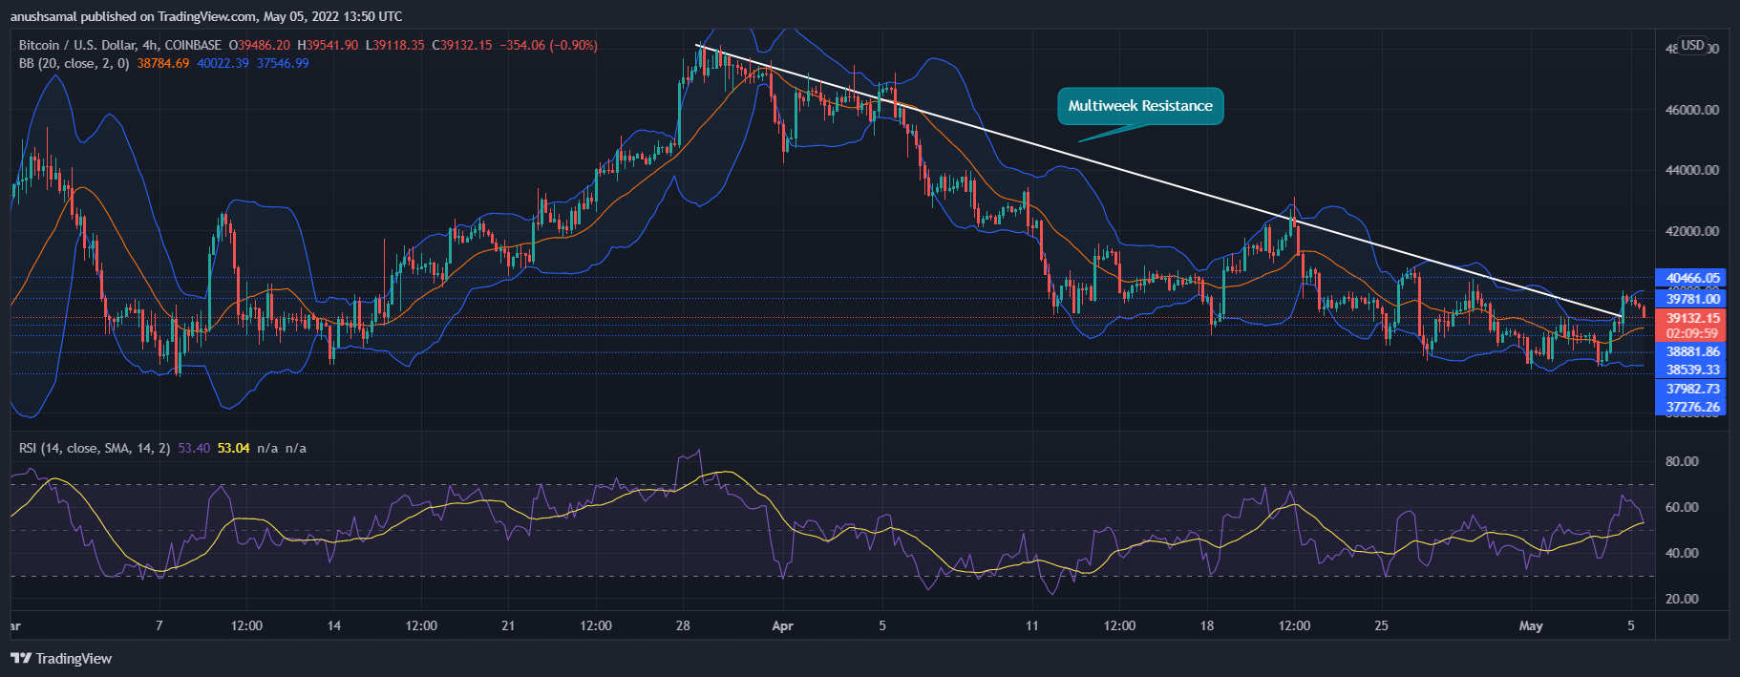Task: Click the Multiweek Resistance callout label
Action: [x=1140, y=106]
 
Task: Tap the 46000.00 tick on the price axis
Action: [x=1692, y=110]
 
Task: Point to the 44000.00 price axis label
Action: [x=1692, y=170]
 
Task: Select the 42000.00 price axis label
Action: [x=1692, y=231]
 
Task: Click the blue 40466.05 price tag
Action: [x=1692, y=278]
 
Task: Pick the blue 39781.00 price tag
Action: [x=1692, y=299]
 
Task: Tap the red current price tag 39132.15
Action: [x=1692, y=318]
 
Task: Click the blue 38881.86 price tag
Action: [x=1692, y=351]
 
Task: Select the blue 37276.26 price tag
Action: [x=1692, y=407]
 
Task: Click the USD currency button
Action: [x=1692, y=45]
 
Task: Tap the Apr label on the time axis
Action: [x=782, y=625]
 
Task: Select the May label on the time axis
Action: [x=1531, y=625]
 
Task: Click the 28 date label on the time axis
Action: [x=683, y=625]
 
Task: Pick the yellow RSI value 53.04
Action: [x=234, y=448]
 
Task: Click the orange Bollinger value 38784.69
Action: [x=163, y=63]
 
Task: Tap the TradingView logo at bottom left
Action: [x=62, y=658]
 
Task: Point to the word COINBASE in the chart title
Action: [x=193, y=45]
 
